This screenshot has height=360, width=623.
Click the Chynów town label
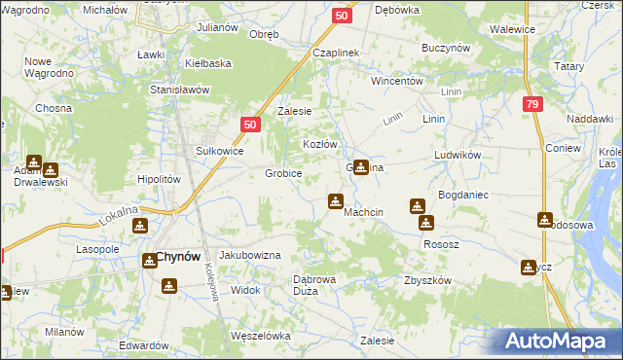click(178, 258)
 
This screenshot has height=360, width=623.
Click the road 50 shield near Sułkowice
click(250, 125)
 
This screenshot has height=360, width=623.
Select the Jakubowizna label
click(249, 255)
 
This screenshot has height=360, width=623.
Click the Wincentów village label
click(396, 82)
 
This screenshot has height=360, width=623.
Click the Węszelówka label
click(261, 336)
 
